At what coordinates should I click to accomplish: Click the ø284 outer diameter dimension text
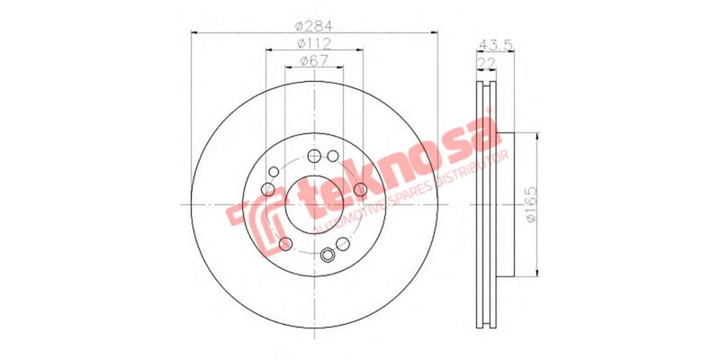[312, 24]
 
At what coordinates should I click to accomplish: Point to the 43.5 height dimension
[491, 43]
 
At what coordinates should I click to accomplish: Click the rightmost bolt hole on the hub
[359, 188]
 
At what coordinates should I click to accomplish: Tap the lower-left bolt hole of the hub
[285, 245]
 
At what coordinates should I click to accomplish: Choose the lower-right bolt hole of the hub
[342, 244]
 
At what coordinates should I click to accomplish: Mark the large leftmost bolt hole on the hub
[267, 188]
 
